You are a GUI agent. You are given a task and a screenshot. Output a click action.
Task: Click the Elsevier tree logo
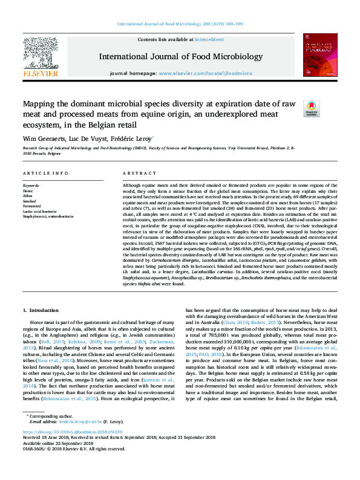click(41, 55)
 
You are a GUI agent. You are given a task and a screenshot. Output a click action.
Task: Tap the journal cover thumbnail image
click(319, 56)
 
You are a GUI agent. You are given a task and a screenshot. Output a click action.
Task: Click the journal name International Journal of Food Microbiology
click(180, 56)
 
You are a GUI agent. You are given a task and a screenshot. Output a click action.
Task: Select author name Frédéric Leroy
click(134, 138)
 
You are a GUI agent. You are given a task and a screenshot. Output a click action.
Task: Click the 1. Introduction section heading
click(41, 327)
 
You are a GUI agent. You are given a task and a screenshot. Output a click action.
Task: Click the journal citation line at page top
click(180, 24)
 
